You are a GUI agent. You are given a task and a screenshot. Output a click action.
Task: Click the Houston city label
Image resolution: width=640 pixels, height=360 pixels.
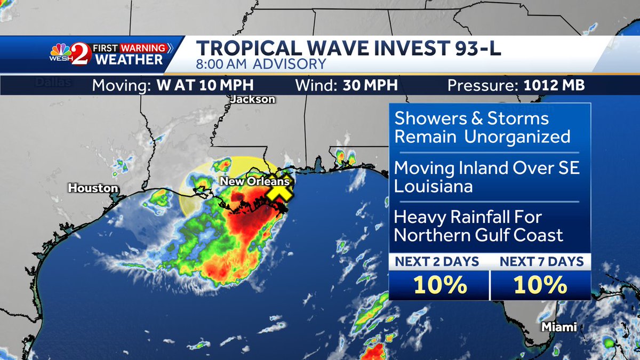[x=93, y=188]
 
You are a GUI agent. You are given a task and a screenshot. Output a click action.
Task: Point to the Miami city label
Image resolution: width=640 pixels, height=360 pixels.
[x=559, y=327]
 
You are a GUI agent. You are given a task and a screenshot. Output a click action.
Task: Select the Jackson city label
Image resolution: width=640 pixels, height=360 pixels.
[x=253, y=99]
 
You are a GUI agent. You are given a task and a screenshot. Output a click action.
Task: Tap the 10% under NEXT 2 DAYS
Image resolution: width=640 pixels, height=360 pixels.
[x=438, y=286]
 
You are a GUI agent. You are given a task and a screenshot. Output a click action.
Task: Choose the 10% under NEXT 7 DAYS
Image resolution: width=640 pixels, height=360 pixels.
[x=540, y=286]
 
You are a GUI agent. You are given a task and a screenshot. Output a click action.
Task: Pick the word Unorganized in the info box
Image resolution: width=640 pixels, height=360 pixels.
[x=517, y=137]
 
